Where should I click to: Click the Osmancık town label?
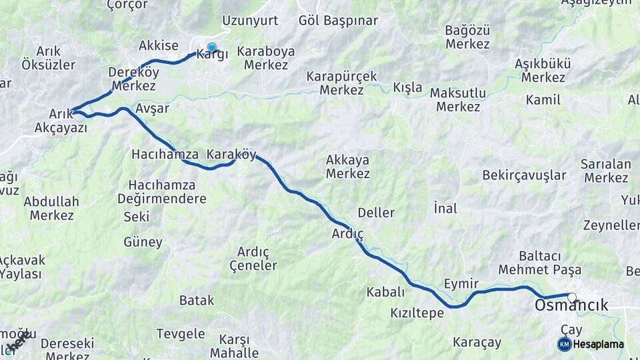click(571, 305)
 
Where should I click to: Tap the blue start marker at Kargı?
click(212, 47)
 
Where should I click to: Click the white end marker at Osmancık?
click(571, 297)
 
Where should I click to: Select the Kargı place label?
click(212, 55)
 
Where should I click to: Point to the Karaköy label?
click(231, 154)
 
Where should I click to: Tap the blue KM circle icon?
click(564, 344)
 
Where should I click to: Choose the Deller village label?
click(376, 213)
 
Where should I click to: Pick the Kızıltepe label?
click(417, 313)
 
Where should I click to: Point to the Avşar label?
click(152, 108)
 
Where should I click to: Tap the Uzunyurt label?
click(250, 20)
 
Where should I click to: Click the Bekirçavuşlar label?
click(524, 175)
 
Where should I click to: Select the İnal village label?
click(445, 208)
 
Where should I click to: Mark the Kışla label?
click(407, 87)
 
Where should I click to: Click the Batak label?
click(197, 300)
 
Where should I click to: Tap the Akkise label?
click(159, 45)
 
